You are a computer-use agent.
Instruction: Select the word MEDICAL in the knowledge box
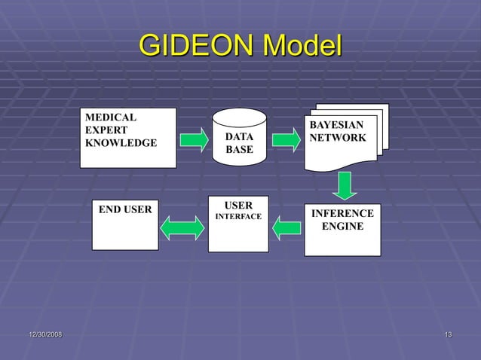point(111,117)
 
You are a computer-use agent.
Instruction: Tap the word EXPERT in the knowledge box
point(106,130)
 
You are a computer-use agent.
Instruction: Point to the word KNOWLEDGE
point(121,143)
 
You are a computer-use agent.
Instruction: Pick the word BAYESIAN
point(336,125)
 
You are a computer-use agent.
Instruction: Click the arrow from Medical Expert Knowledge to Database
point(195,139)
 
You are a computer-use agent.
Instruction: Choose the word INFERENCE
point(342,214)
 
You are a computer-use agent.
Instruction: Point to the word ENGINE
point(342,226)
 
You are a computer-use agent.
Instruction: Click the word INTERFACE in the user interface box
point(239,217)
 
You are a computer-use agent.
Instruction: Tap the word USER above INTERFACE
point(239,205)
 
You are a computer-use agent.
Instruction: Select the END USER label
point(125,209)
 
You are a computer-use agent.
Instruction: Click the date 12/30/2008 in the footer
point(45,334)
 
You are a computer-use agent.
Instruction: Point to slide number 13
point(449,334)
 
